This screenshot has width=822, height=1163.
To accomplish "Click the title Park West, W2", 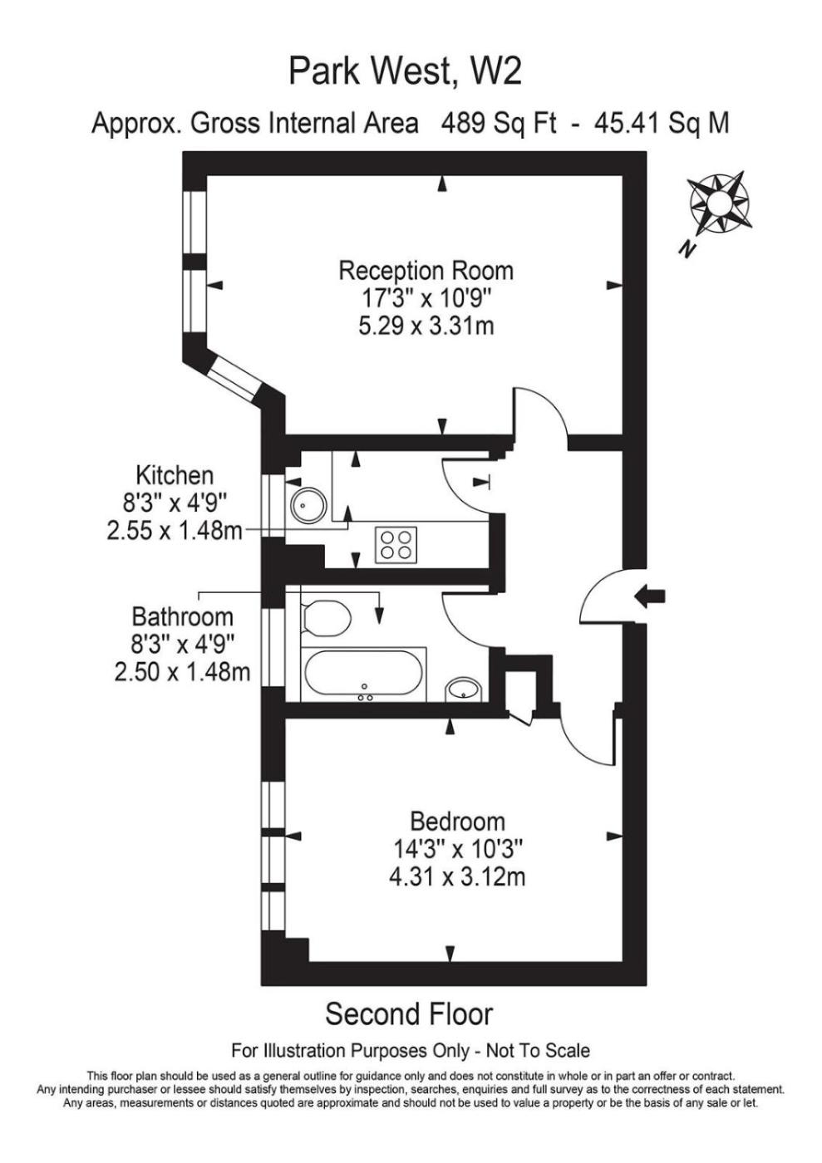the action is click(x=405, y=71).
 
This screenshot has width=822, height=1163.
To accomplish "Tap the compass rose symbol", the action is click(x=720, y=202).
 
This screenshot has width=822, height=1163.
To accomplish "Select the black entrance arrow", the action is click(x=649, y=596).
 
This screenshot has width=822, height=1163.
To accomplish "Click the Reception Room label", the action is click(x=426, y=272).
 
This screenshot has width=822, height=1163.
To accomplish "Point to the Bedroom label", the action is click(x=457, y=822).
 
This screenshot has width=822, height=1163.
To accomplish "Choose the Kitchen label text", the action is click(x=175, y=475).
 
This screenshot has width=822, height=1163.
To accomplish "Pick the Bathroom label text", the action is click(x=182, y=616).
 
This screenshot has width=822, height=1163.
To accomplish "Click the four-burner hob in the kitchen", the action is click(x=396, y=545).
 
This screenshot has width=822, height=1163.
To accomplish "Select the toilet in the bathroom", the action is click(x=325, y=618).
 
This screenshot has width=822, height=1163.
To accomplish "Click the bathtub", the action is click(x=363, y=675).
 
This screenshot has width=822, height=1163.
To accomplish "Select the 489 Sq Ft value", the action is click(x=499, y=124).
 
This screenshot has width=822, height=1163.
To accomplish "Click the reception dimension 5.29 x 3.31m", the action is click(x=426, y=326).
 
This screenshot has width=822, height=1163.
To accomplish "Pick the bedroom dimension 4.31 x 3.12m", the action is click(x=457, y=877).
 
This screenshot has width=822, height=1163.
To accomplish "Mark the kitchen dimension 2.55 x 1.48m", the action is click(x=175, y=531).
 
